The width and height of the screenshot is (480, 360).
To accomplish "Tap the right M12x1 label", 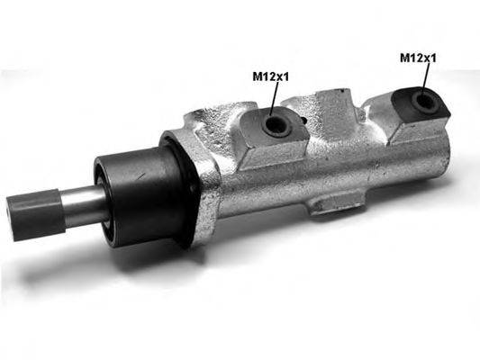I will click(x=418, y=58).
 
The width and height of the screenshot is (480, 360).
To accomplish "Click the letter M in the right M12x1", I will click(x=404, y=58).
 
